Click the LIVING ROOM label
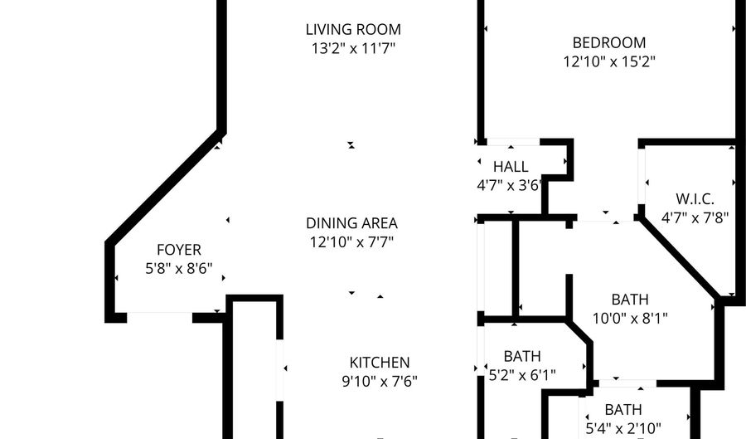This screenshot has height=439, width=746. tap(353, 30)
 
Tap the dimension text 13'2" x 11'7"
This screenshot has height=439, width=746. tap(353, 49)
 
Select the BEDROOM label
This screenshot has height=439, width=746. tap(609, 43)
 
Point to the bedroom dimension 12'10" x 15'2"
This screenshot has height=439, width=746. tap(609, 62)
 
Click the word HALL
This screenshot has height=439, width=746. tap(511, 167)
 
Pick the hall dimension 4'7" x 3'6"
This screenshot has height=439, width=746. tap(510, 185)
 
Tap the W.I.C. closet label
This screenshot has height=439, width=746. tap(695, 199)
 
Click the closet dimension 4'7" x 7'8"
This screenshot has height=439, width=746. tap(695, 218)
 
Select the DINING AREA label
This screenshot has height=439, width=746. tap(351, 223)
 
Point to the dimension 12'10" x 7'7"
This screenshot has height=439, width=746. tap(352, 242)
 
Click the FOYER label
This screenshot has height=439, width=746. tap(179, 250)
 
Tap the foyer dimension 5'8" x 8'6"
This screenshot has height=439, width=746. tap(179, 269)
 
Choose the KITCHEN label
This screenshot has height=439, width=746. tap(380, 363)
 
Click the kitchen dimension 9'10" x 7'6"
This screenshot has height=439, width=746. tap(380, 382)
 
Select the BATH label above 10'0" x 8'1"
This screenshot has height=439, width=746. tap(630, 300)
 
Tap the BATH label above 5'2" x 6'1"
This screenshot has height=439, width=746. tap(522, 357)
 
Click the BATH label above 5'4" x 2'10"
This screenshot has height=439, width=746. tap(623, 409)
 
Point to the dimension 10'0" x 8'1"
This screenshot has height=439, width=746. tap(630, 319)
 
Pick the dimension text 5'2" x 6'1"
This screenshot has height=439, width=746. tap(522, 376)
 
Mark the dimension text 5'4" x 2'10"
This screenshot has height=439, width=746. tap(623, 428)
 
